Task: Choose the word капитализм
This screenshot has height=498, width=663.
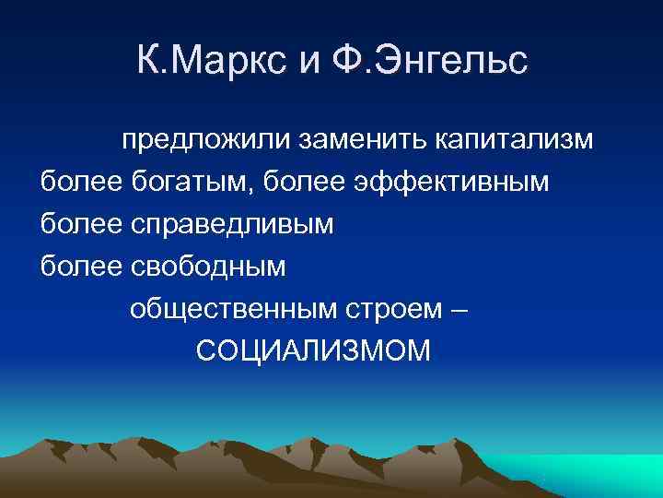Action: click(x=515, y=141)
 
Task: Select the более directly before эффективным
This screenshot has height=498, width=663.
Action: click(x=304, y=183)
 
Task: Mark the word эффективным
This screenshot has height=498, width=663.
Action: click(x=451, y=183)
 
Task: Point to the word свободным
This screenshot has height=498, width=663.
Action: click(x=207, y=267)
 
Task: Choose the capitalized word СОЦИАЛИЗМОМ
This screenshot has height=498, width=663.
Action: click(x=313, y=351)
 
